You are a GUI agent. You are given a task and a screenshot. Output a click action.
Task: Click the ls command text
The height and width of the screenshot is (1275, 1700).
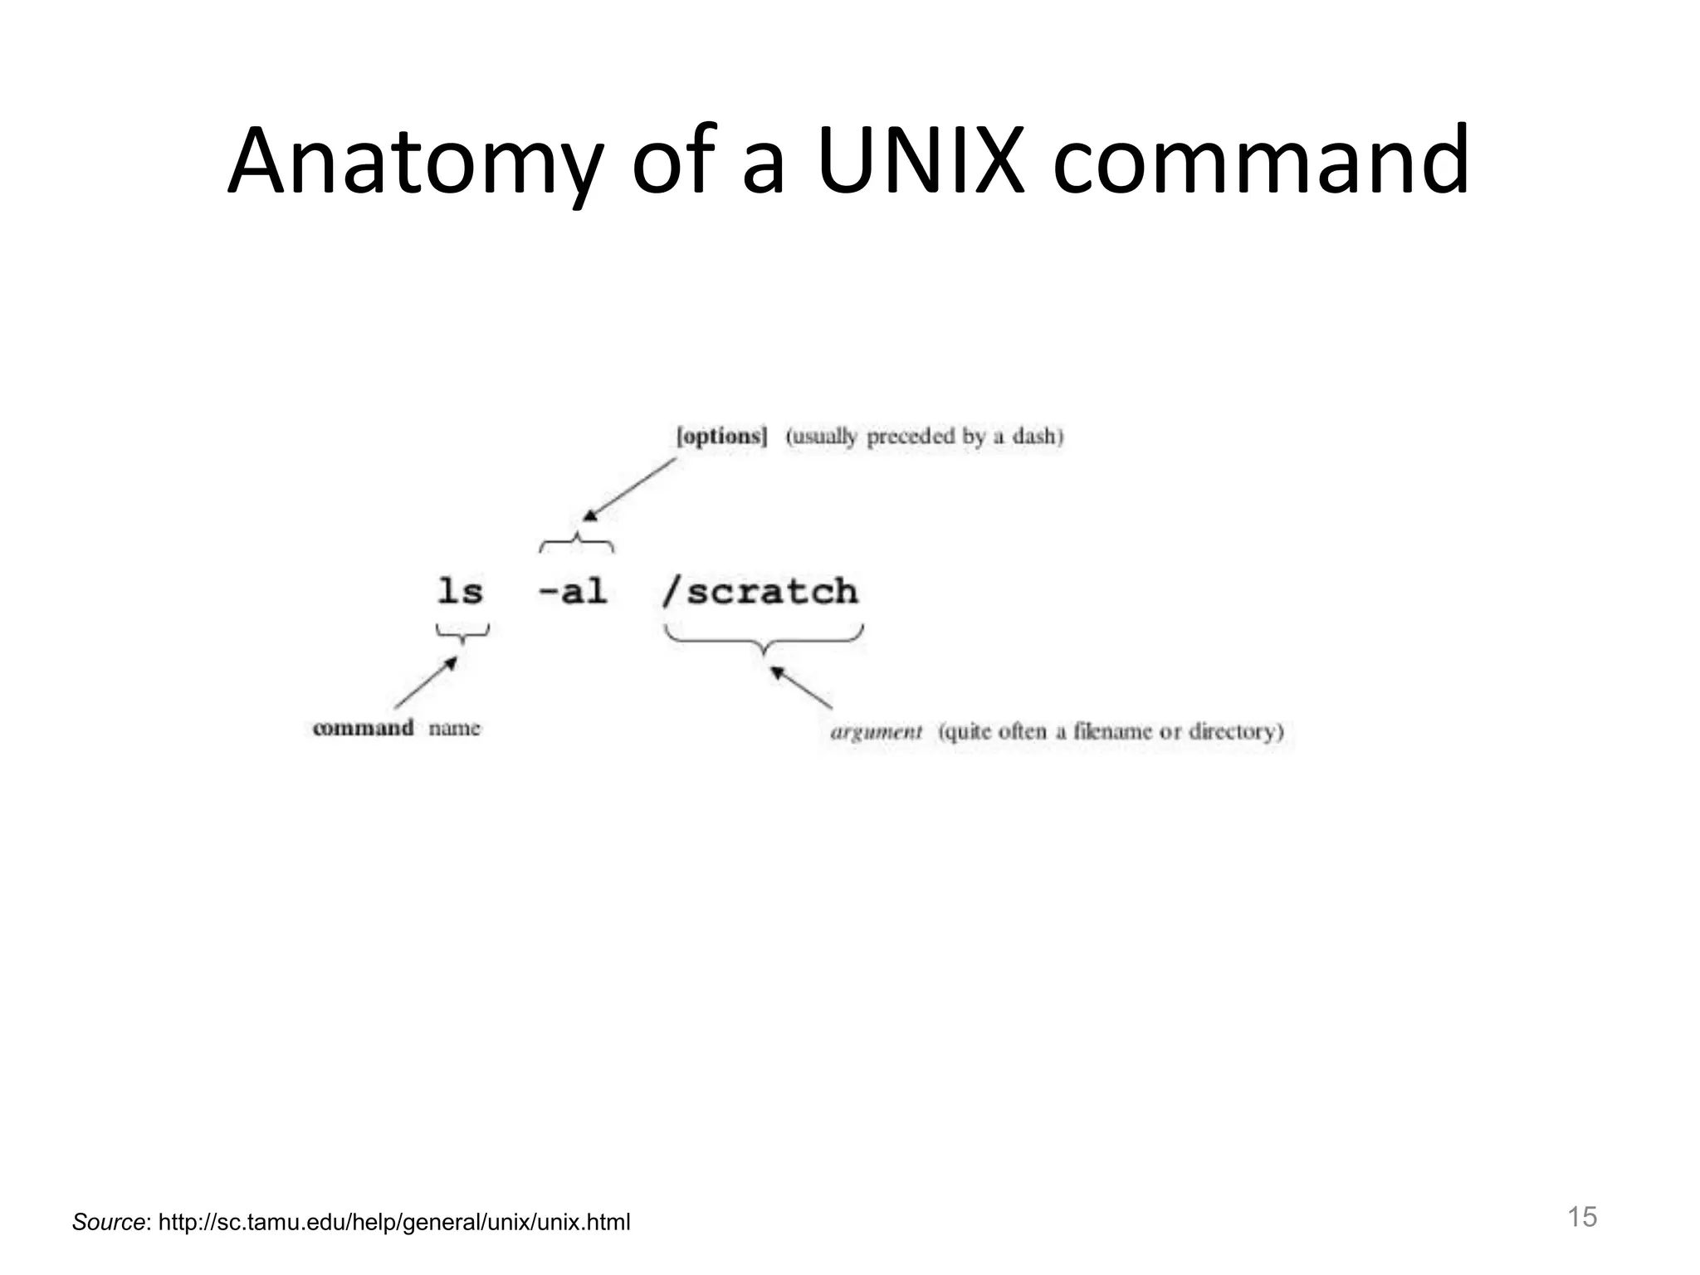tap(460, 592)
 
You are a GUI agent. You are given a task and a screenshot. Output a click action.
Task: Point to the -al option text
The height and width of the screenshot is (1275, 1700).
tap(573, 592)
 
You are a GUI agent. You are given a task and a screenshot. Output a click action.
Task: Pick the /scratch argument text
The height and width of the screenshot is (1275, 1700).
tap(760, 592)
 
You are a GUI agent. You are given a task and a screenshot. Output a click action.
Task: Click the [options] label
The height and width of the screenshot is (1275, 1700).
tap(721, 437)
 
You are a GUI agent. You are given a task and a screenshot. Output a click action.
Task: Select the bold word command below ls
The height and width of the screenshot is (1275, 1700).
tap(363, 728)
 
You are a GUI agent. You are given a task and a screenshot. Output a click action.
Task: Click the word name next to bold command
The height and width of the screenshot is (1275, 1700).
tap(454, 728)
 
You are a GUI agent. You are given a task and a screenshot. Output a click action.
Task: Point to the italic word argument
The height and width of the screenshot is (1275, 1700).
tap(876, 732)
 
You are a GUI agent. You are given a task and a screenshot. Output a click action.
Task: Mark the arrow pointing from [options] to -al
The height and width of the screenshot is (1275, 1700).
tap(629, 490)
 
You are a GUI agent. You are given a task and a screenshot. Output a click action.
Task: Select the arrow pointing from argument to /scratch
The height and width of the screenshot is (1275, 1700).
tap(801, 687)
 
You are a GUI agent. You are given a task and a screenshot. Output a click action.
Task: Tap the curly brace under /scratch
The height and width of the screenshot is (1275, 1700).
tap(764, 639)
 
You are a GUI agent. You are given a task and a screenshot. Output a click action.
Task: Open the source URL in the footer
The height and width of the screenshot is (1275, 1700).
tap(394, 1222)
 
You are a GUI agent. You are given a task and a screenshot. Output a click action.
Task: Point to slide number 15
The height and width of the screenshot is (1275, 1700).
tap(1581, 1217)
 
